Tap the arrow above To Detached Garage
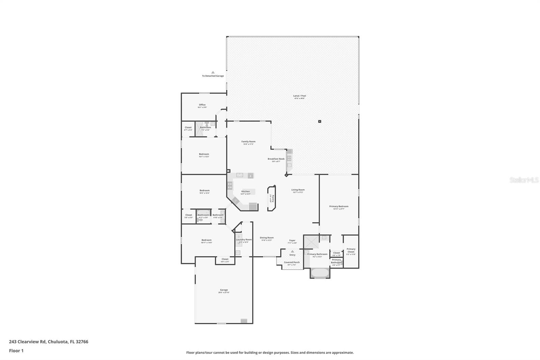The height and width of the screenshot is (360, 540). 213,72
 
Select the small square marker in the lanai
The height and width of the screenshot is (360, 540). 320,121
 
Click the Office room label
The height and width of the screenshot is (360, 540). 202,105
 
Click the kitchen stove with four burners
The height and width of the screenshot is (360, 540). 230,185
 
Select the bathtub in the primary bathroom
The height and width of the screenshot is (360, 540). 320,273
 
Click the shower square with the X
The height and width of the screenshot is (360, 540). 310,242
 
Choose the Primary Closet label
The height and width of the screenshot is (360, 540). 351,250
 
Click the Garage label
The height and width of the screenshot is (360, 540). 224,290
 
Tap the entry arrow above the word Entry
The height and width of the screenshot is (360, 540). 292,251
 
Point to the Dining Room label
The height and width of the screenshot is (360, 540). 267,238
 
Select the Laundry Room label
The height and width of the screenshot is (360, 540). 244,240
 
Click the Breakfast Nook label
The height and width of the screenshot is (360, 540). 276,159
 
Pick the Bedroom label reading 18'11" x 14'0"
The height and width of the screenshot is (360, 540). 207,240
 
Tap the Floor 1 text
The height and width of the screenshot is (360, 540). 16,351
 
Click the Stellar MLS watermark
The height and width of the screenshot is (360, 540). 523,180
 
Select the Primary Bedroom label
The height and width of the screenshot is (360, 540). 339,207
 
